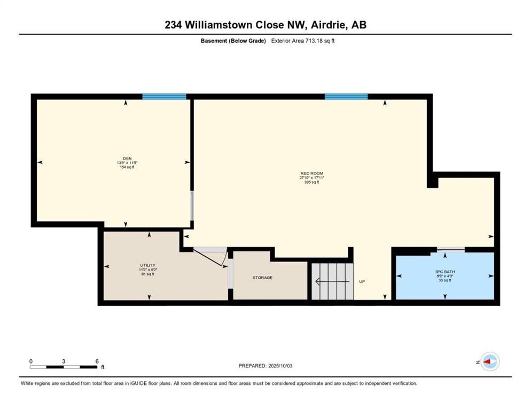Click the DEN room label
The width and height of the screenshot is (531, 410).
coord(127,158)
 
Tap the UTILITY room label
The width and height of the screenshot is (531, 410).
coord(147,265)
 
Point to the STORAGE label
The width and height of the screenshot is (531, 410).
coord(262,278)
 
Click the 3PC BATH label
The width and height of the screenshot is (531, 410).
coord(444,271)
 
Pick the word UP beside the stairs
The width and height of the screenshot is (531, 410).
coord(362,281)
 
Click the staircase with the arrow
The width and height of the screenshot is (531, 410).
coord(332,281)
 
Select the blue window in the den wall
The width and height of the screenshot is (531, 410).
coord(164,97)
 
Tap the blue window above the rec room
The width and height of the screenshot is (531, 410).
coord(346,97)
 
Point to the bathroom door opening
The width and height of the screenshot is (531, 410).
coord(450,249)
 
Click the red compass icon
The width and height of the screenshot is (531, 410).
coord(489,361)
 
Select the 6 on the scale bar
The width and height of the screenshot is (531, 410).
coord(97,361)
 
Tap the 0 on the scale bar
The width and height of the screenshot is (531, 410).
coord(31,361)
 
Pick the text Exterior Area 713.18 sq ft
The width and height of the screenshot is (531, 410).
coord(302,41)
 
